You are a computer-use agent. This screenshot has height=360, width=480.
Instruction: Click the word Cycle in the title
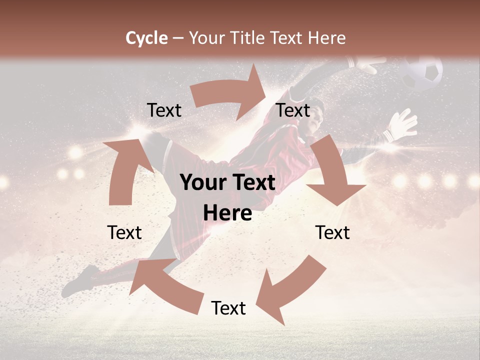coord(146,38)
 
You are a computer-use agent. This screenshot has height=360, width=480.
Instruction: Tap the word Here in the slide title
coord(327,38)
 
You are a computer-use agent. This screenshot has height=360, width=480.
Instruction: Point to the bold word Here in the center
coord(227,213)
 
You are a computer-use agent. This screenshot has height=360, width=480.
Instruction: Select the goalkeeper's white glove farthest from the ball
coord(402,125)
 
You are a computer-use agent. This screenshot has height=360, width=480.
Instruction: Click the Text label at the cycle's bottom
coord(228,308)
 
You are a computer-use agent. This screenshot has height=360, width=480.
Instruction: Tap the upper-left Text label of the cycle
coord(164,110)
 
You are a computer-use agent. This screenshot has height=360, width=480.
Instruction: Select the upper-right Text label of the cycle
coord(293,110)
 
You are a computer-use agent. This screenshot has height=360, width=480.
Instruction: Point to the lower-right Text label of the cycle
coord(332,232)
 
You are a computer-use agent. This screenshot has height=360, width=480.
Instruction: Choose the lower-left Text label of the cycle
coord(124,232)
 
